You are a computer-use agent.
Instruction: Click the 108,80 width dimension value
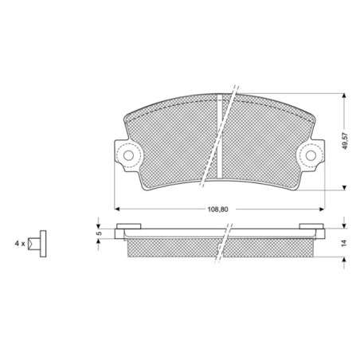click(x=217, y=209)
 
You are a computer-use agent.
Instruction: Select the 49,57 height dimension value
click(x=345, y=141)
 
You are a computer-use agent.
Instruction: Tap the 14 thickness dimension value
click(x=344, y=243)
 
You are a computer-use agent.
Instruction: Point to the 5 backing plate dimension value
click(x=100, y=233)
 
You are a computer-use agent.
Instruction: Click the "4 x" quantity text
click(x=20, y=243)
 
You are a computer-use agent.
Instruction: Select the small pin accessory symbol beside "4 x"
click(x=37, y=244)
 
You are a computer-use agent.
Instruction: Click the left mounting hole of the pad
click(x=128, y=155)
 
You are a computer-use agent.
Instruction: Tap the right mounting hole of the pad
click(x=311, y=155)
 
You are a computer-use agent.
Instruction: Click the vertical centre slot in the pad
click(x=220, y=136)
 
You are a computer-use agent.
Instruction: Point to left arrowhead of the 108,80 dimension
click(x=117, y=209)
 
